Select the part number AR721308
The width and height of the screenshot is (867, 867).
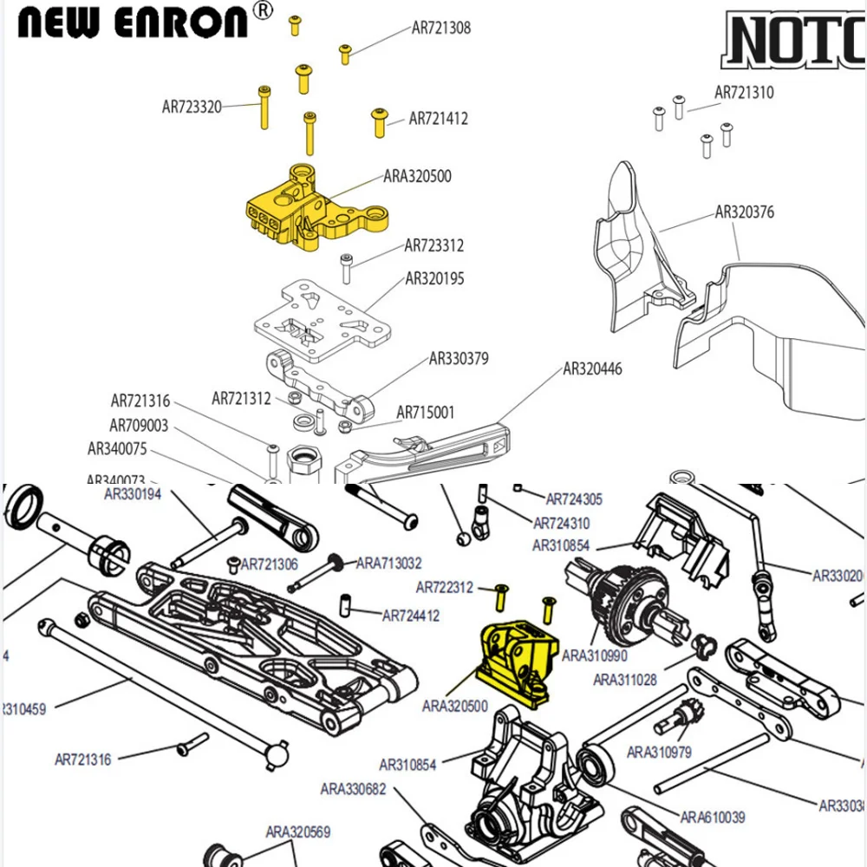click(440, 28)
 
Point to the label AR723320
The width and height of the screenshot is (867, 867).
click(192, 108)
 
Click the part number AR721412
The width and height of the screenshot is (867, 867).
click(438, 119)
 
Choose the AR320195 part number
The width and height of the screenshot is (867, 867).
click(434, 278)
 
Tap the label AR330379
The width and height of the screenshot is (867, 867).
click(459, 359)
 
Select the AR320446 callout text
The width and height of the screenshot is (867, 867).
click(592, 368)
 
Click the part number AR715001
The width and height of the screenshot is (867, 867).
click(425, 413)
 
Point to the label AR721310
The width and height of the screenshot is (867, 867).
click(744, 93)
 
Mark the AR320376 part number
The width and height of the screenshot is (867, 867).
click(744, 212)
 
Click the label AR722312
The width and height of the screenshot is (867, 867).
click(444, 588)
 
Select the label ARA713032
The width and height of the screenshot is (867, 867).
click(389, 564)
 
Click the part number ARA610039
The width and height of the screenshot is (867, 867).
click(713, 817)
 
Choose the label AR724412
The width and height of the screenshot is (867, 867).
click(411, 616)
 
